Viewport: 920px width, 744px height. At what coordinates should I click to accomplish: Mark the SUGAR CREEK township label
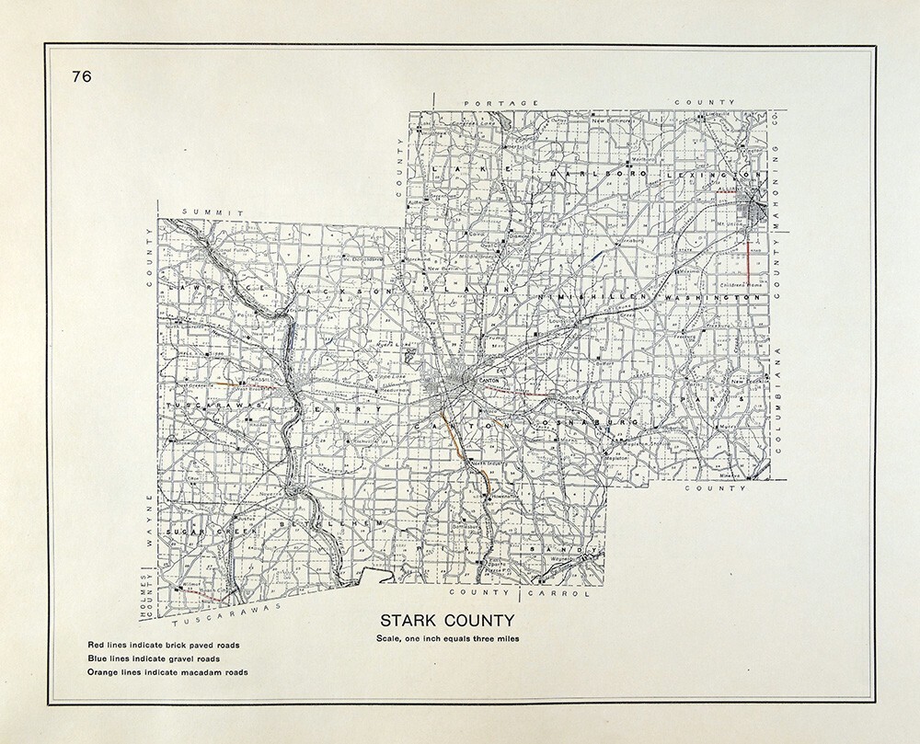pos(202,532)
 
